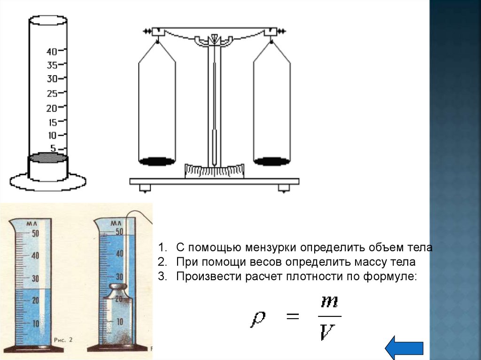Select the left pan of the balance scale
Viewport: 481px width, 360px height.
157,161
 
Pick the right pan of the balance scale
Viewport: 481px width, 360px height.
272,161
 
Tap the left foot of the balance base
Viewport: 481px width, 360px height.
145,188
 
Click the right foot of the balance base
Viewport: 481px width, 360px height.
284,188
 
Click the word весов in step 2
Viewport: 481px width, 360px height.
255,262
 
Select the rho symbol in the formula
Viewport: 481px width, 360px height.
258,319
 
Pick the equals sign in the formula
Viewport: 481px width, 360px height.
292,317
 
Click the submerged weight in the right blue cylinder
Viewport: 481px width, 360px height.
118,314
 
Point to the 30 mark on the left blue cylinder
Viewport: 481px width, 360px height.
35,279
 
